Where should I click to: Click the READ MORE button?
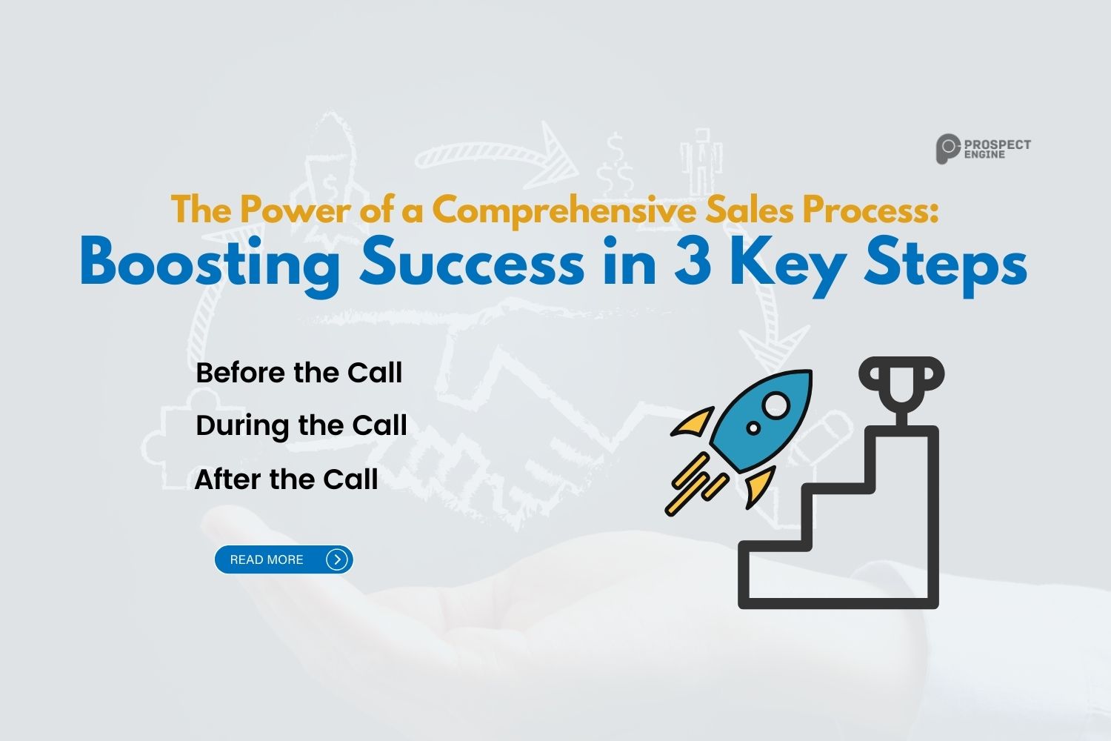283,559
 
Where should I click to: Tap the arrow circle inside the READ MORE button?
337,559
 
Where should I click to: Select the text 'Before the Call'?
298,373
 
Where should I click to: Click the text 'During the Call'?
301,426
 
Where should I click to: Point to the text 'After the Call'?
286,479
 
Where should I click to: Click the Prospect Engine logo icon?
947,149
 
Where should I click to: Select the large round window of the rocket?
776,405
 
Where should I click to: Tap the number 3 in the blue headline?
692,264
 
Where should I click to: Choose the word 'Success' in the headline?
472,264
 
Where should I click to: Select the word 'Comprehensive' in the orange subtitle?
564,210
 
